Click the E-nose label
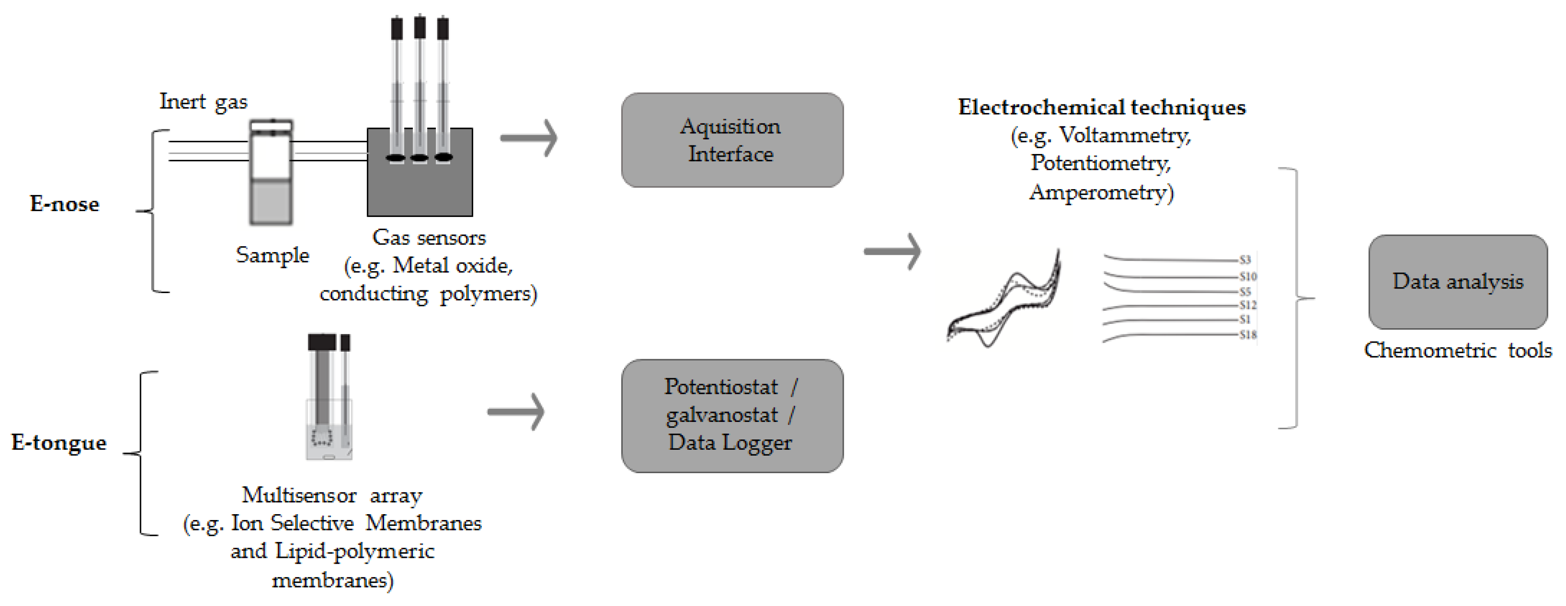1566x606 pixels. [64, 204]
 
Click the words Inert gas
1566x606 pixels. [203, 101]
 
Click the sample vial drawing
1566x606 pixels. [271, 173]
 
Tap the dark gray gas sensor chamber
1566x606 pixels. [420, 182]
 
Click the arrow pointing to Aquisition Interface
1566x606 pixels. [528, 138]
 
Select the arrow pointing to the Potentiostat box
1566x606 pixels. [515, 412]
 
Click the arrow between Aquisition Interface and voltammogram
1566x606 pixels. [892, 251]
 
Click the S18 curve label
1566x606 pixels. [1248, 335]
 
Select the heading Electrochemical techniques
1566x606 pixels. [1101, 108]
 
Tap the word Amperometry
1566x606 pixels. [1101, 192]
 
